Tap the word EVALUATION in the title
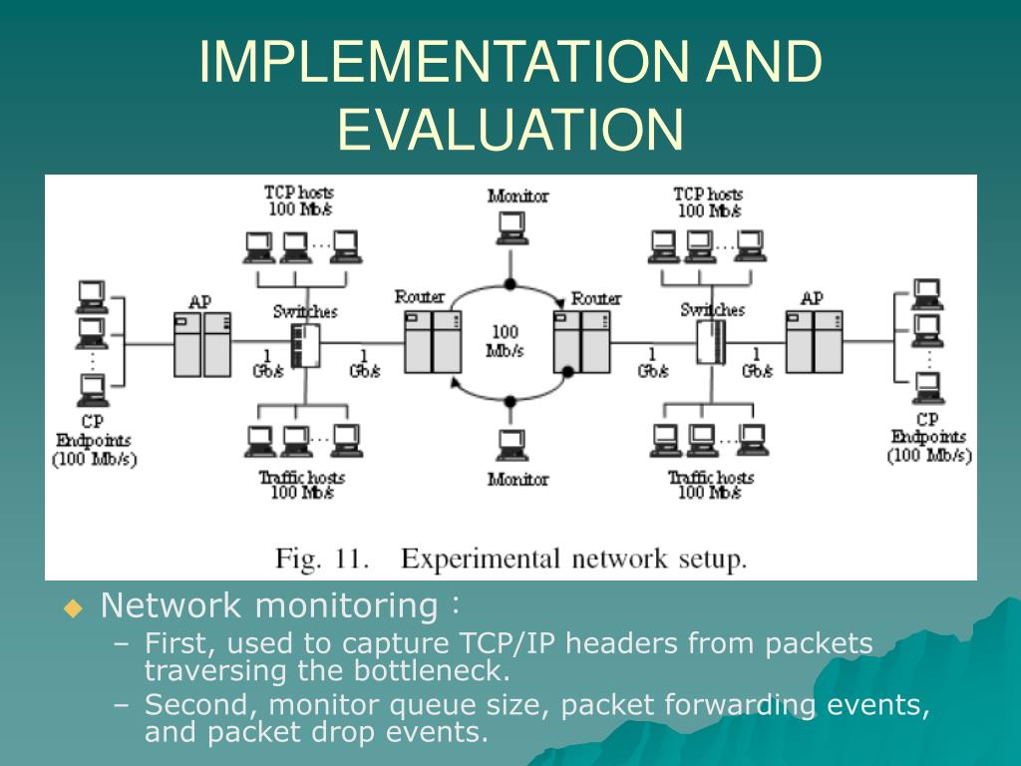click(510, 129)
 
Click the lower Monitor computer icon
click(511, 444)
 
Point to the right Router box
click(581, 341)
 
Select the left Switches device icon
click(305, 345)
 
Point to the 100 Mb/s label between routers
click(506, 341)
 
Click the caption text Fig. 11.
click(321, 559)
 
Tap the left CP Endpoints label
click(94, 440)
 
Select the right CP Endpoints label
click(928, 437)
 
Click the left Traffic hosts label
click(301, 485)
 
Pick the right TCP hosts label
click(708, 201)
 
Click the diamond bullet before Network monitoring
click(74, 608)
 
